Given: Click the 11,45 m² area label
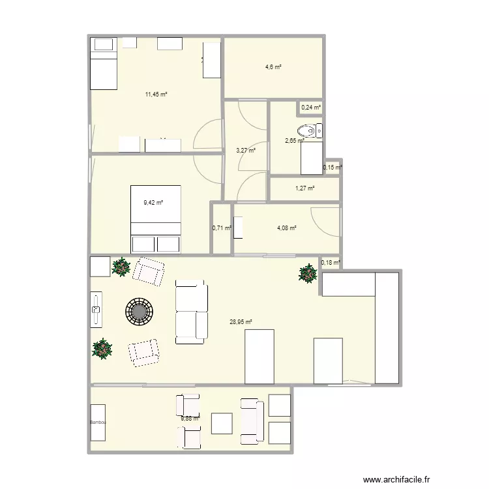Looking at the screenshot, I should tap(156, 95).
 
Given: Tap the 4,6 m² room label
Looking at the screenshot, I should tap(273, 67).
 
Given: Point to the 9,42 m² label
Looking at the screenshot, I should tap(153, 203).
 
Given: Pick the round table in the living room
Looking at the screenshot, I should tap(138, 311).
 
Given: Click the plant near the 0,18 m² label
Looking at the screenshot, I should tap(308, 274).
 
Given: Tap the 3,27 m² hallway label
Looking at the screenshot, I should tap(246, 151).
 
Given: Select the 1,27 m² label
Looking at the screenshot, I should tap(305, 189).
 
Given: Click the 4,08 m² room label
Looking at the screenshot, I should tap(287, 228).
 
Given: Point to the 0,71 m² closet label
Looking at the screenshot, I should tap(222, 228).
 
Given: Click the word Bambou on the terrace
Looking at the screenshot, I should tap(98, 422).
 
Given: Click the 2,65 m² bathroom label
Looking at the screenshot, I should tap(295, 140).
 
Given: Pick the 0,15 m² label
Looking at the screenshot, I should tap(333, 168).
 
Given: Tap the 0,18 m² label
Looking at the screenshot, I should tap(331, 263).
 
